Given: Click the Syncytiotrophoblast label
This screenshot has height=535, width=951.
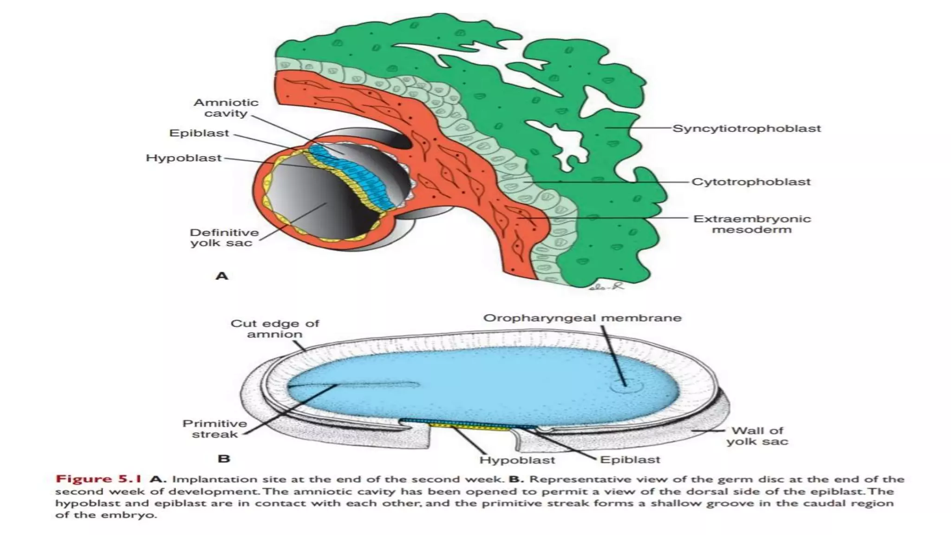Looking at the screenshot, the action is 747,129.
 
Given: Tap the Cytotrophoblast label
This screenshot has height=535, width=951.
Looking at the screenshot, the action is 751,182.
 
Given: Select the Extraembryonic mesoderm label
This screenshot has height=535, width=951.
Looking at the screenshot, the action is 752,224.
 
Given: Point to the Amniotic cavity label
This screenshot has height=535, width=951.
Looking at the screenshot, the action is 226,108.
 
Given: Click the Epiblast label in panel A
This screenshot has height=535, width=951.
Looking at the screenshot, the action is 199,133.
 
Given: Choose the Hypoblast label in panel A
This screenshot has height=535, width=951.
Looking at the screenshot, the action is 184,158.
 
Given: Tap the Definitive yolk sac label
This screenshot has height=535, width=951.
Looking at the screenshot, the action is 224,237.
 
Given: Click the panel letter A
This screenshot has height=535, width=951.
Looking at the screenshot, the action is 222,276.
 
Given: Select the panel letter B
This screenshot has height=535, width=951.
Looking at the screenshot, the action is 224,459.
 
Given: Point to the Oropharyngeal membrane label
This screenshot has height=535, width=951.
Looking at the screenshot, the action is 582,318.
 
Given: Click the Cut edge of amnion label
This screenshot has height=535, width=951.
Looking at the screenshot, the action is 275,329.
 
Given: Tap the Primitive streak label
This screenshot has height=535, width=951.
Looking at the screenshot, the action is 215,429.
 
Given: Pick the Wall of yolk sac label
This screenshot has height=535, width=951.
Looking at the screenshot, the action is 757,436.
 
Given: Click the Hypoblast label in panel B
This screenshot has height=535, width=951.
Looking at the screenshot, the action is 517,460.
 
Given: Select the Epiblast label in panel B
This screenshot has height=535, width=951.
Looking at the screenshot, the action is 630,460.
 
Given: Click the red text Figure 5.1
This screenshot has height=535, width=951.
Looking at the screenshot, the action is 98,479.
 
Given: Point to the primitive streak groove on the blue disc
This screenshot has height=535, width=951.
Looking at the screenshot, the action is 353,385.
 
